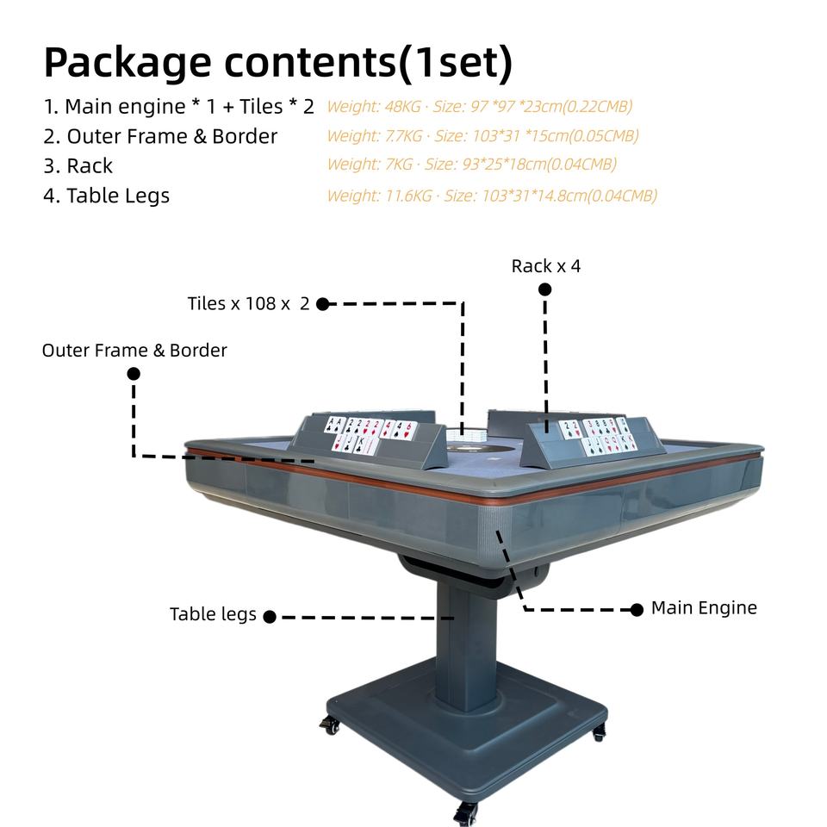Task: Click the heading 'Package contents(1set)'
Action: (x=278, y=63)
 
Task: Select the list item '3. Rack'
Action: (x=78, y=165)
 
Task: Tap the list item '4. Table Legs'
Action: (x=107, y=196)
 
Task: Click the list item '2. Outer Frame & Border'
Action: (x=160, y=136)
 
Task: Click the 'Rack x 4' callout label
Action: (x=546, y=266)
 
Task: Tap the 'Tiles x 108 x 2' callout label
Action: (x=248, y=303)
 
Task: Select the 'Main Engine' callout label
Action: (x=704, y=607)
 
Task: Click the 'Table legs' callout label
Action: (x=213, y=614)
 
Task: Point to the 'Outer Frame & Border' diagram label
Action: (x=134, y=351)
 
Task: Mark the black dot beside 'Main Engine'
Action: (x=637, y=610)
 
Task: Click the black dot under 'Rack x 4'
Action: (x=544, y=289)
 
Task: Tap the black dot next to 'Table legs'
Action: (x=270, y=617)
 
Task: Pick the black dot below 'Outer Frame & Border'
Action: (x=134, y=373)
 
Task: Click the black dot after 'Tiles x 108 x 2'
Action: (x=323, y=304)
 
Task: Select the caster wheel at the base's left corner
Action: (x=330, y=724)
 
